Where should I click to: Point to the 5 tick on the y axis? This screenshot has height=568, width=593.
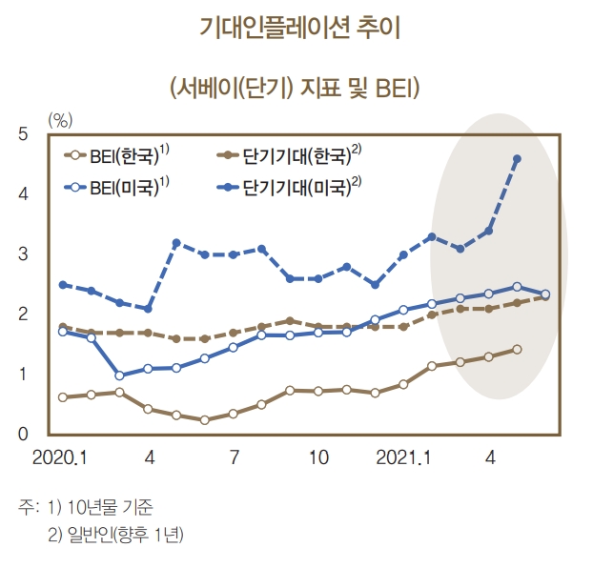click(23, 134)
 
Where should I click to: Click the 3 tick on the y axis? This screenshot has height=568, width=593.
click(23, 254)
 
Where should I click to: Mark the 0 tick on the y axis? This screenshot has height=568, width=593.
click(23, 435)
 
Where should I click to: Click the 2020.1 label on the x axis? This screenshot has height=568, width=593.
click(60, 457)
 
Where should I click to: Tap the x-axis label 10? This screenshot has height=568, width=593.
click(318, 457)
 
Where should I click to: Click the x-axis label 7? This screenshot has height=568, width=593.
click(235, 457)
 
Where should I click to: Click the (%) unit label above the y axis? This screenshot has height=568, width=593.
click(60, 119)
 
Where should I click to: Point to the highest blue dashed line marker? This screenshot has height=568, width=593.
click(517, 159)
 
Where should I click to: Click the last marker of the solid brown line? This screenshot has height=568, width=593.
click(517, 349)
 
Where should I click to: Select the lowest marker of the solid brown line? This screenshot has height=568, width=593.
click(204, 419)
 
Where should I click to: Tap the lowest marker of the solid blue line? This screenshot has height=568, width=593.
click(119, 375)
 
